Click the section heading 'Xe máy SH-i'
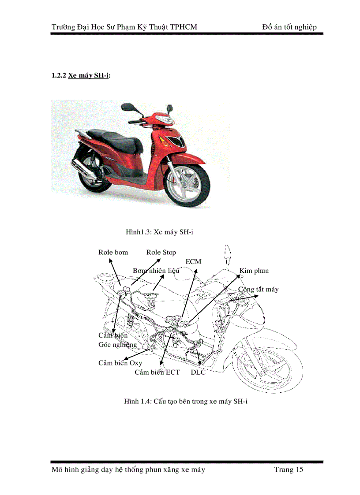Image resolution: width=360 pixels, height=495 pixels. click(x=88, y=75)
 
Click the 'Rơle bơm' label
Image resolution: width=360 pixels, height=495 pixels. click(x=113, y=253)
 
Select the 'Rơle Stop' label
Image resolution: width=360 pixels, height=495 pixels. click(x=161, y=253)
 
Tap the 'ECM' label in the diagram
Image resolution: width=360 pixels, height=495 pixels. click(x=193, y=261)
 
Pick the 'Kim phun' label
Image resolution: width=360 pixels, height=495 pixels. click(x=254, y=271)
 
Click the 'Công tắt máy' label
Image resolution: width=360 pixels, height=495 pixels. click(x=259, y=290)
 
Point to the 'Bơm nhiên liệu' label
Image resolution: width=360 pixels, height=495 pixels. click(x=156, y=270)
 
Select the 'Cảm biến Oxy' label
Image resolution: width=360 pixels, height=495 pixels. click(x=120, y=363)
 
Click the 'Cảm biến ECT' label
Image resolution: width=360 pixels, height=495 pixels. click(x=157, y=372)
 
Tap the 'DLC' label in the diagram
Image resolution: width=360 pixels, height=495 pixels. click(x=198, y=372)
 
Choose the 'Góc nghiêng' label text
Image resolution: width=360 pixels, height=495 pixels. click(x=117, y=345)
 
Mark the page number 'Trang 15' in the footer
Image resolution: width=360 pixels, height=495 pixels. click(x=289, y=469)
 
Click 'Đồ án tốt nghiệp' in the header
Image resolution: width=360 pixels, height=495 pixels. click(x=289, y=27)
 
